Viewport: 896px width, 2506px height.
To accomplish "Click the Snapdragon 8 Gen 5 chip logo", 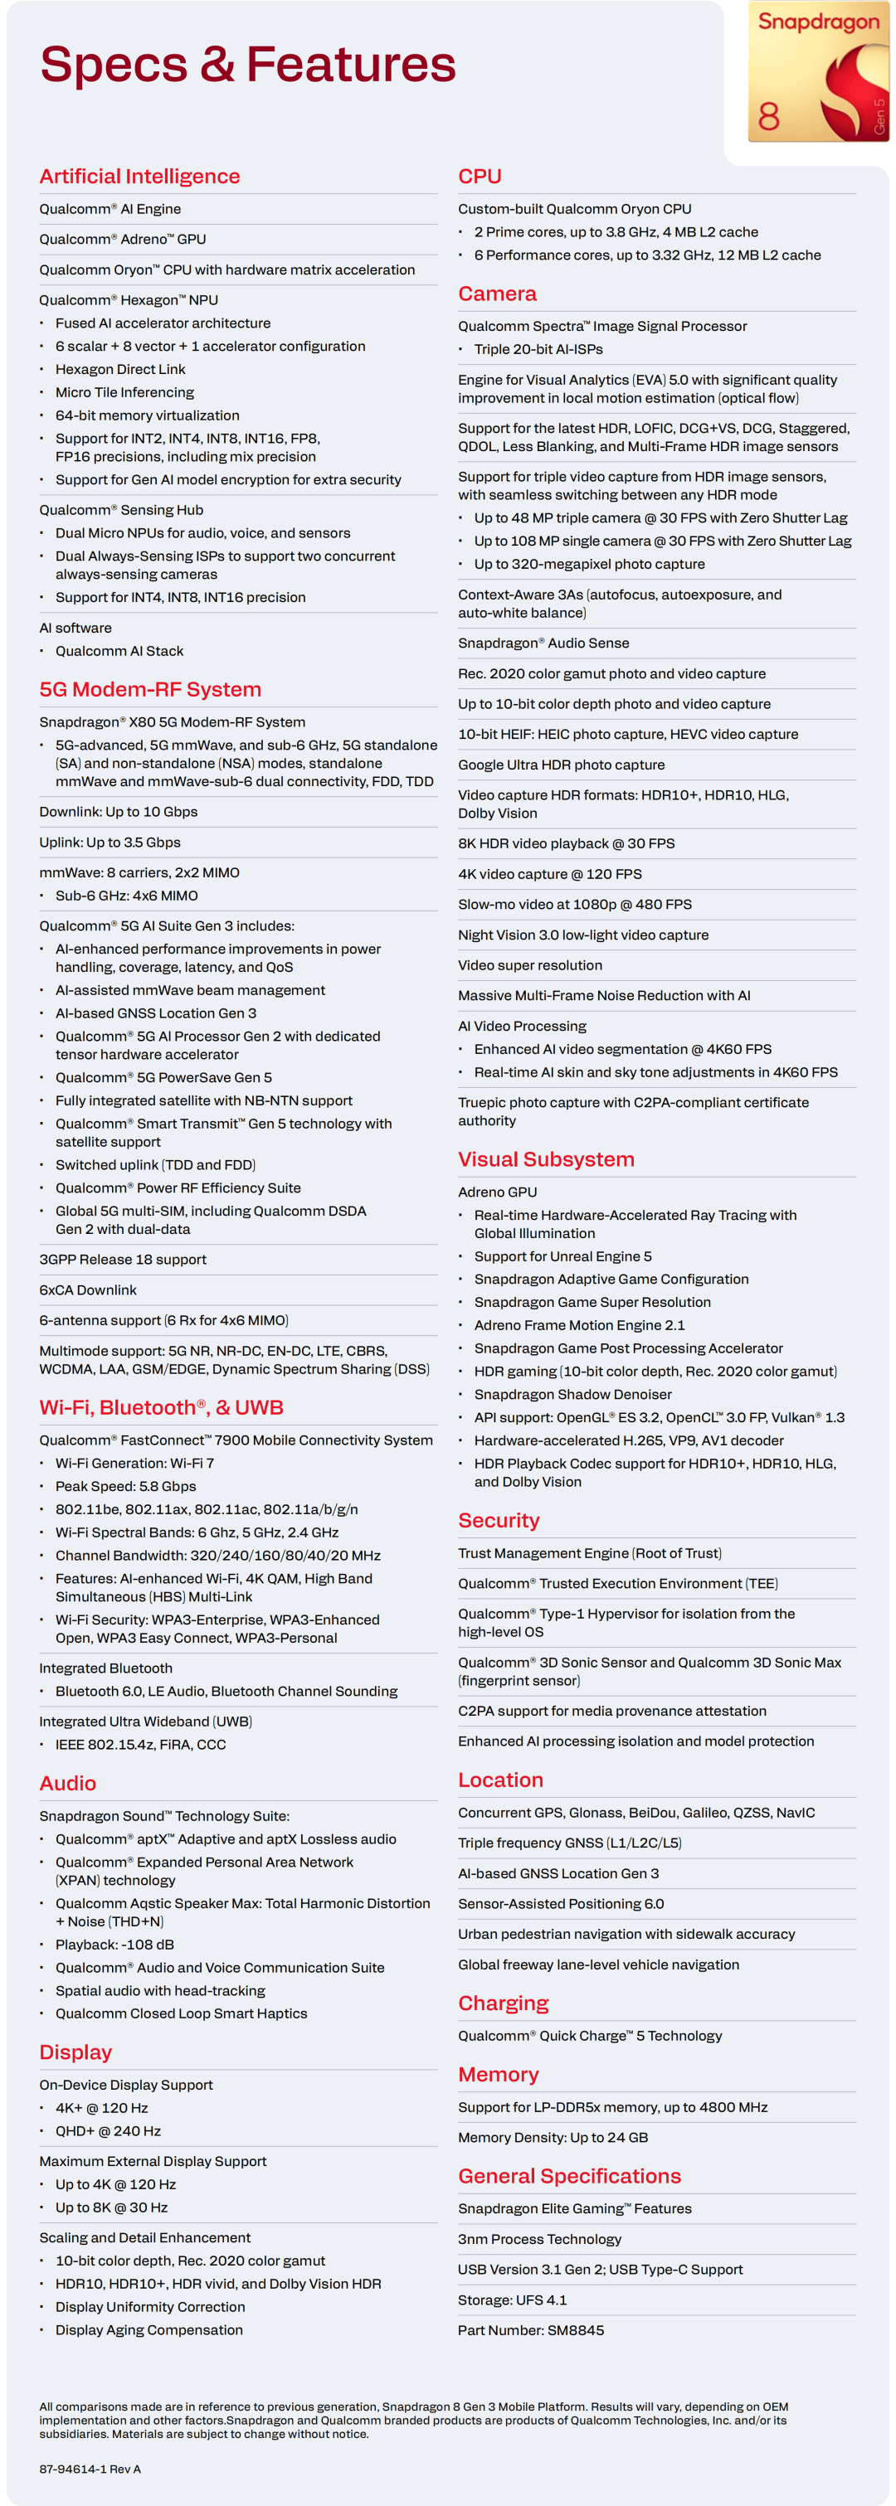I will pyautogui.click(x=817, y=73).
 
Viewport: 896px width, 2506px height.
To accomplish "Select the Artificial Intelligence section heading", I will pyautogui.click(x=139, y=176).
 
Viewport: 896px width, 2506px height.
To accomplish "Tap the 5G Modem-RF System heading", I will pyautogui.click(x=150, y=689).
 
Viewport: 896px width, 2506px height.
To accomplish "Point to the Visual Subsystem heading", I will pyautogui.click(x=546, y=1158).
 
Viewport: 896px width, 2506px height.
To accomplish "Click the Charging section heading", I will pyautogui.click(x=503, y=2002).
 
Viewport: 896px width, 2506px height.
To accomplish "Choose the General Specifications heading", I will pyautogui.click(x=569, y=2175).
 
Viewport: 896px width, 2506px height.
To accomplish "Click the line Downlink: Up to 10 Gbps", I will pyautogui.click(x=118, y=811).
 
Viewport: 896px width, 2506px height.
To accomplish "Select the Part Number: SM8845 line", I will pyautogui.click(x=530, y=2329).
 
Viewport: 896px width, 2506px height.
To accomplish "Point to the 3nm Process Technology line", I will pyautogui.click(x=539, y=2238).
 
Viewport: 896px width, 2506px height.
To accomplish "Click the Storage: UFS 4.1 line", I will pyautogui.click(x=512, y=2299).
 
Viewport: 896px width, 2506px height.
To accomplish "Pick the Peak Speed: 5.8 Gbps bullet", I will pyautogui.click(x=125, y=1485).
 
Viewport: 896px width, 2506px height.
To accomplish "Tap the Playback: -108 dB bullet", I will pyautogui.click(x=114, y=1944).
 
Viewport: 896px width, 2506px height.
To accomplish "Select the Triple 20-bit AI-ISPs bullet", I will pyautogui.click(x=538, y=349).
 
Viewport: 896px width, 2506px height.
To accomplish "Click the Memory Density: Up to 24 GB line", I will pyautogui.click(x=553, y=2136).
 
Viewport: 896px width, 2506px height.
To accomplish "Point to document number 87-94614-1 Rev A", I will pyautogui.click(x=90, y=2468).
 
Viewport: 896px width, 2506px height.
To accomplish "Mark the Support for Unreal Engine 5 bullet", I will pyautogui.click(x=562, y=1256).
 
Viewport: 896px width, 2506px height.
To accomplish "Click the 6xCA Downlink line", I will pyautogui.click(x=88, y=1289).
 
